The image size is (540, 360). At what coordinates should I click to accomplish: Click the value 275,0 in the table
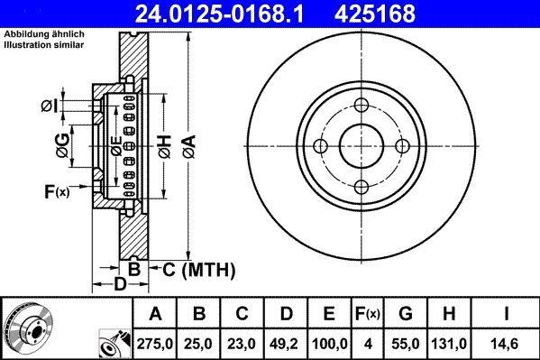(x=156, y=343)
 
